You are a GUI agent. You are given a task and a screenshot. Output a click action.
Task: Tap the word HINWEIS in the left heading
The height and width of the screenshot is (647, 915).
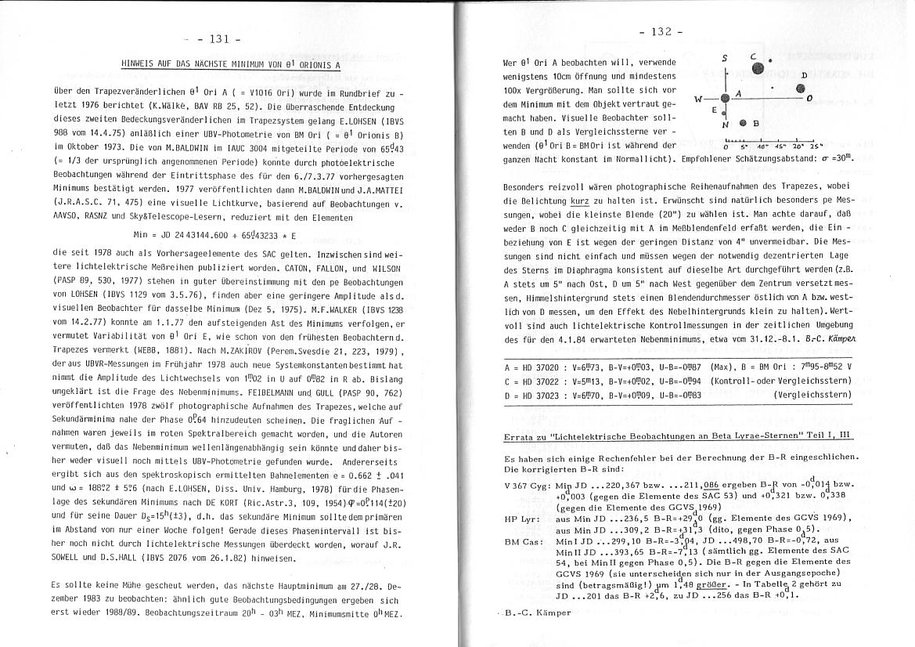140,65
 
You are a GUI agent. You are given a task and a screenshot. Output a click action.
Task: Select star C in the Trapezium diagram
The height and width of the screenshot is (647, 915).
757,68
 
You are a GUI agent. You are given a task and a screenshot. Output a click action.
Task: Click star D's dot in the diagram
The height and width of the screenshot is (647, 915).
800,89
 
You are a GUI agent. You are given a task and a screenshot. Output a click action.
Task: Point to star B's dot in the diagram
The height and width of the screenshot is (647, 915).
742,123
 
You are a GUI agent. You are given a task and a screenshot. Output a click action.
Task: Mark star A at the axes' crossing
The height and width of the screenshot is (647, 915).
726,98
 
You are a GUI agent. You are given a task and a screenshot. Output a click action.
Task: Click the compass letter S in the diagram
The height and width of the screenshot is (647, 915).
725,58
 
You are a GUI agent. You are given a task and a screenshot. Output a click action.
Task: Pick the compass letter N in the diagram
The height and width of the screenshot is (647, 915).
726,125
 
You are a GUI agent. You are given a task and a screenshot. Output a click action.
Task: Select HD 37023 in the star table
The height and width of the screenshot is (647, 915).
536,394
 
